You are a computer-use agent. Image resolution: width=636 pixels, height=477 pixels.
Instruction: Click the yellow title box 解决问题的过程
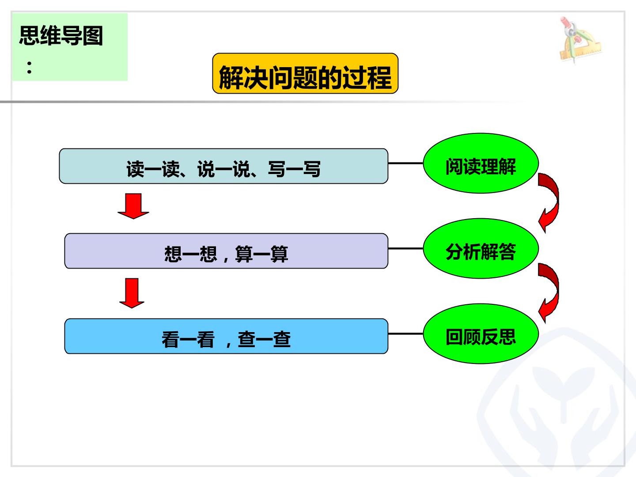[305, 73]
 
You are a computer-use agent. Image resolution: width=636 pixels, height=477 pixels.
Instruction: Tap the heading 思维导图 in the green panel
[61, 36]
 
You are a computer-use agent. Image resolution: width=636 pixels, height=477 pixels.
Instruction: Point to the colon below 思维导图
[29, 68]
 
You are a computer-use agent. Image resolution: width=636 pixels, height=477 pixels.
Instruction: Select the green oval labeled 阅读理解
[481, 163]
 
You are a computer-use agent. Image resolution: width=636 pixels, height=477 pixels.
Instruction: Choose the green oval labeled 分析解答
[481, 248]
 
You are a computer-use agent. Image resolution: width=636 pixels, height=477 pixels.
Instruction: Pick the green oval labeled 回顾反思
[481, 333]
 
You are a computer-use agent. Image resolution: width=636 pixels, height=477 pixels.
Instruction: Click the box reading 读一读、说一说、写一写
[223, 166]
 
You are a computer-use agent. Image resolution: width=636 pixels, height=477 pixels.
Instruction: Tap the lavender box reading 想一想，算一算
[226, 251]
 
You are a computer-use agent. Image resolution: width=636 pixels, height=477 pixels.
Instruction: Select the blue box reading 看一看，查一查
[226, 336]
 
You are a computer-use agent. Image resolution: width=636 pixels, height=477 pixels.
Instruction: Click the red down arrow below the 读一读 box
[133, 206]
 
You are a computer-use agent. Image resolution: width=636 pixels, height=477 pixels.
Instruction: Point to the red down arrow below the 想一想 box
[132, 293]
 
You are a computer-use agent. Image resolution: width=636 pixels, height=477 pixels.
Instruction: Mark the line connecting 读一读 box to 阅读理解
[405, 163]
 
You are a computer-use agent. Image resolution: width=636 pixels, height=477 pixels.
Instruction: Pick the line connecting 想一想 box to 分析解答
[405, 249]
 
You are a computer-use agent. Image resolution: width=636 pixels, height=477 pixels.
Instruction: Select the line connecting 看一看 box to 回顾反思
[405, 334]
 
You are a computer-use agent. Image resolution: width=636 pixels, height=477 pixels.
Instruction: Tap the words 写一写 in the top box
[294, 169]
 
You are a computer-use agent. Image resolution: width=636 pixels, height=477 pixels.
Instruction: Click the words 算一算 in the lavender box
[261, 254]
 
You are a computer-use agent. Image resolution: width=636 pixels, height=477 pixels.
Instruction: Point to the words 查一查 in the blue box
[264, 339]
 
